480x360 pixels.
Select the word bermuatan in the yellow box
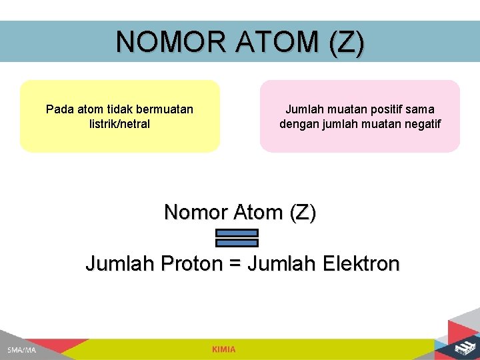click(x=164, y=109)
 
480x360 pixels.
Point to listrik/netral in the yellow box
click(x=119, y=124)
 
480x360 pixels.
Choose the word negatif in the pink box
click(x=420, y=124)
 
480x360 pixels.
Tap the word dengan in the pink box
click(x=298, y=124)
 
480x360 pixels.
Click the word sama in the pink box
click(x=421, y=109)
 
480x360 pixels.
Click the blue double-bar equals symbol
click(x=237, y=237)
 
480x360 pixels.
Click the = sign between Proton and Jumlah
click(x=235, y=265)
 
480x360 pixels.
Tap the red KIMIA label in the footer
click(x=224, y=349)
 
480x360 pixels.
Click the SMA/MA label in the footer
click(x=22, y=350)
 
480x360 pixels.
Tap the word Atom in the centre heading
click(x=258, y=213)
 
